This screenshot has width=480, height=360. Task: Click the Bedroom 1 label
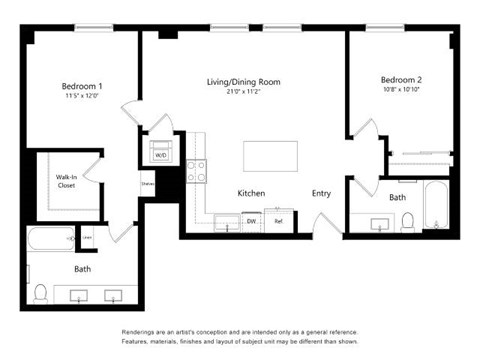[81, 87]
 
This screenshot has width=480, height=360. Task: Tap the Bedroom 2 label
[401, 79]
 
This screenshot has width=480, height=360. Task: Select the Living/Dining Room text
[244, 80]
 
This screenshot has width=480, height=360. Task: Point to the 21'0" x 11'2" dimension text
[244, 92]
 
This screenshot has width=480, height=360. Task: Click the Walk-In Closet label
[66, 181]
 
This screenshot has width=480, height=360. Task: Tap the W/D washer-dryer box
[160, 155]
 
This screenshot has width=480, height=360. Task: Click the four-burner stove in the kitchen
[196, 171]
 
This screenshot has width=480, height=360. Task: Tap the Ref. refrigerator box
[278, 221]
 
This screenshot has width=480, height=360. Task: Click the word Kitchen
[250, 193]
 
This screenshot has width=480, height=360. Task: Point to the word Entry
[321, 193]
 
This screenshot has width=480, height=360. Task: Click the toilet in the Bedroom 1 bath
[41, 293]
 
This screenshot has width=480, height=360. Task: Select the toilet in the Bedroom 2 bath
[407, 220]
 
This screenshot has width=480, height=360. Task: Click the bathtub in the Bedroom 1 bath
[49, 240]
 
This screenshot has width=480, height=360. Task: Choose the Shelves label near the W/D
[147, 185]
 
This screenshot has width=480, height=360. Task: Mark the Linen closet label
[87, 237]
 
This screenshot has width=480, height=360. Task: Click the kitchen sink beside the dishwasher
[224, 222]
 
